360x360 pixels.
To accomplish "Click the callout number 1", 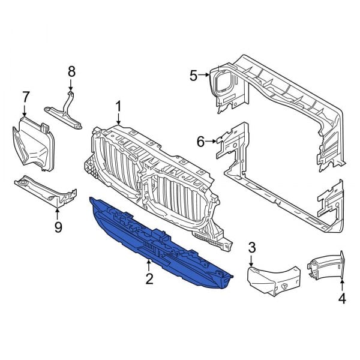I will (118, 107).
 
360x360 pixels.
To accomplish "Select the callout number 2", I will (148, 278).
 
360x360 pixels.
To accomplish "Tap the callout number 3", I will (252, 247).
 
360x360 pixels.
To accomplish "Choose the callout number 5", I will (193, 75).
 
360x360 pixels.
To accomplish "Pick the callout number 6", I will (200, 142).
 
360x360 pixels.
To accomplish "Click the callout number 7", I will (25, 96).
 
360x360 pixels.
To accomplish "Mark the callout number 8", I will (71, 71).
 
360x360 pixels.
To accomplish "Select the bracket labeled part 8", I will (67, 110).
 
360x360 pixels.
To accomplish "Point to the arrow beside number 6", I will (212, 142).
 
